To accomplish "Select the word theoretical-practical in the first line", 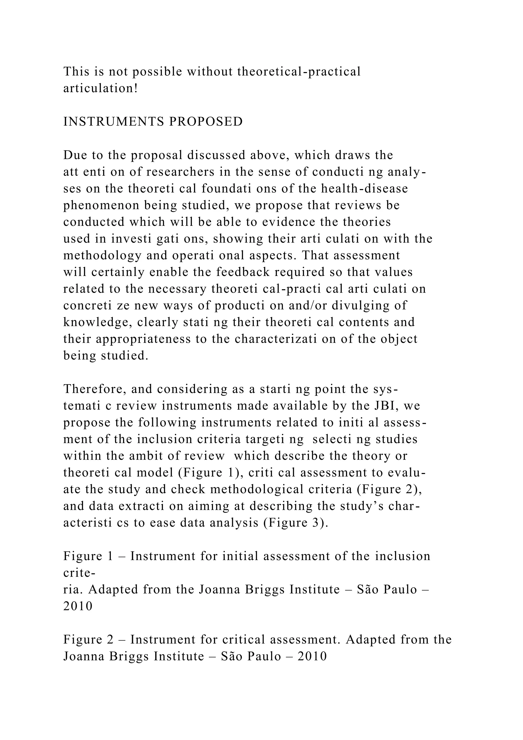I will tap(299, 72).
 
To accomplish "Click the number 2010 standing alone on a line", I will tap(78, 607).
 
